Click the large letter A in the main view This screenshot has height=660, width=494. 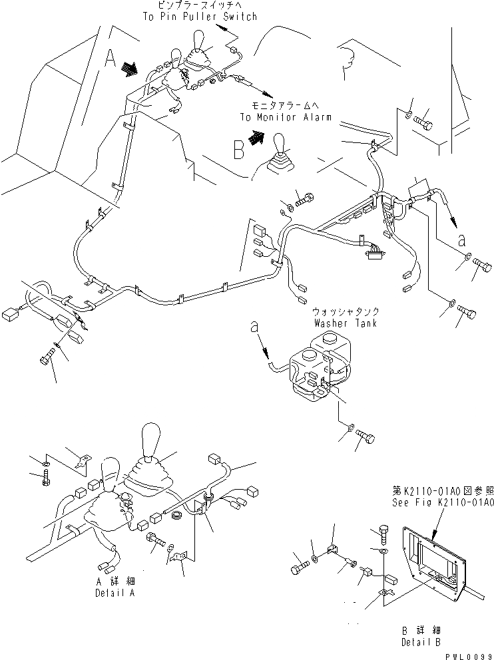click(111, 61)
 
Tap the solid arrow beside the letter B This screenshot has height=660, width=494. click(256, 138)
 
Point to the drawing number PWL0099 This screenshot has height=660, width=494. click(471, 655)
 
